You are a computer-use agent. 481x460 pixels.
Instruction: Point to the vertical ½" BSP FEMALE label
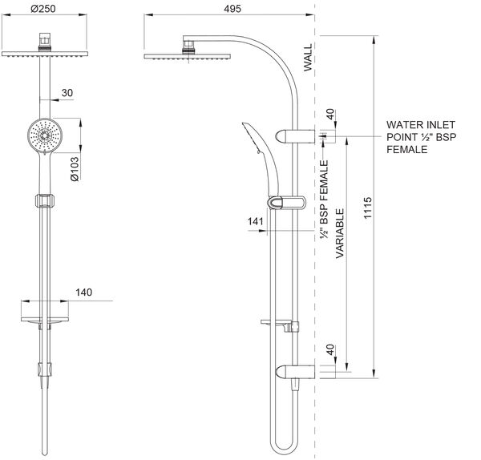pyautogui.click(x=325, y=200)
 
